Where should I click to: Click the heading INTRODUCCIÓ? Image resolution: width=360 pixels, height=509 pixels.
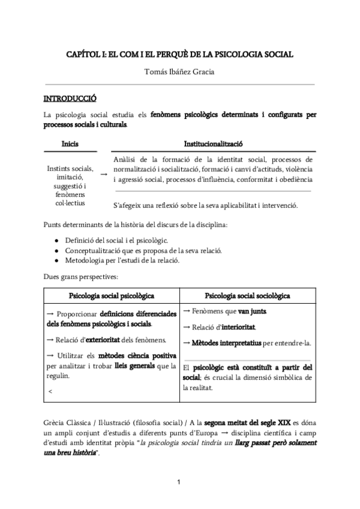(x=70, y=98)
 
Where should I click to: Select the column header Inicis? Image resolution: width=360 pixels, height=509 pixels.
(x=70, y=144)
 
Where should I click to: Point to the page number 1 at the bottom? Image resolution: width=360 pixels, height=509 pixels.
(x=179, y=482)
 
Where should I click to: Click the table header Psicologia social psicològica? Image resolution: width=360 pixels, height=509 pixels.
(x=112, y=296)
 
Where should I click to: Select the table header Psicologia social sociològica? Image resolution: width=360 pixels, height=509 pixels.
(x=248, y=296)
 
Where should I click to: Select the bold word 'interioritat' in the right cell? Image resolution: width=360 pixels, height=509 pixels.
(x=239, y=327)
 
